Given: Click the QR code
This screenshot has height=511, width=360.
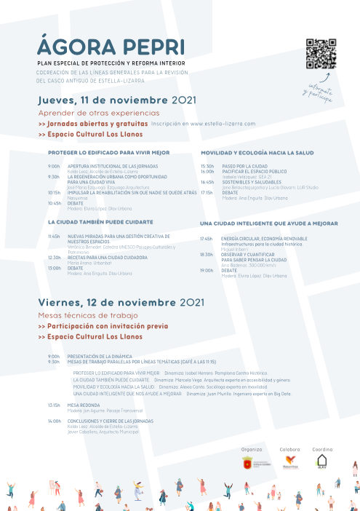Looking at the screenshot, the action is pyautogui.click(x=321, y=53).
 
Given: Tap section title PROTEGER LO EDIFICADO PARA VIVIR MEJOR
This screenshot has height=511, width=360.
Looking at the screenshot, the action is pyautogui.click(x=108, y=153).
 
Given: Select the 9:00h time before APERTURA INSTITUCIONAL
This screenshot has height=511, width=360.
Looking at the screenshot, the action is pyautogui.click(x=54, y=166).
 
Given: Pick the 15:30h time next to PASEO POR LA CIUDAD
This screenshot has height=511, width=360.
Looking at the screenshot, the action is pyautogui.click(x=207, y=166).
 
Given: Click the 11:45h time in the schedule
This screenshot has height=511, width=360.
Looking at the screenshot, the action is pyautogui.click(x=54, y=236).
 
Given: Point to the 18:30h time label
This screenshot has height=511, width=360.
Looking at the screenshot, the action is pyautogui.click(x=207, y=254).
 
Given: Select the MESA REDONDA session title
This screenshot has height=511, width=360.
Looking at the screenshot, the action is pyautogui.click(x=84, y=405).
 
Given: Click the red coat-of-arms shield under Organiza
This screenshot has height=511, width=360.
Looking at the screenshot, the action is pyautogui.click(x=247, y=463).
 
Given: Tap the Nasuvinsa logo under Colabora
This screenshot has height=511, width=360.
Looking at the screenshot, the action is pyautogui.click(x=291, y=462).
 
